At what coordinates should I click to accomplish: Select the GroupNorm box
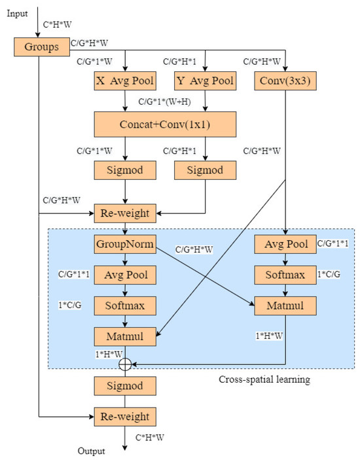pyautogui.click(x=124, y=245)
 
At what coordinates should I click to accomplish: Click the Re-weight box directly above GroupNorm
pyautogui.click(x=124, y=213)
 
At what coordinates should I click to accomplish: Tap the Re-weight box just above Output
pyautogui.click(x=124, y=416)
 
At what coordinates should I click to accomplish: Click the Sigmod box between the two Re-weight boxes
pyautogui.click(x=124, y=385)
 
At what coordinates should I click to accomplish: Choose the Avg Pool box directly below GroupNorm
pyautogui.click(x=124, y=275)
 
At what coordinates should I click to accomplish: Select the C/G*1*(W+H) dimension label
pyautogui.click(x=170, y=102)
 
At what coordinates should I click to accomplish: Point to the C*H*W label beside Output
pyautogui.click(x=149, y=436)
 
